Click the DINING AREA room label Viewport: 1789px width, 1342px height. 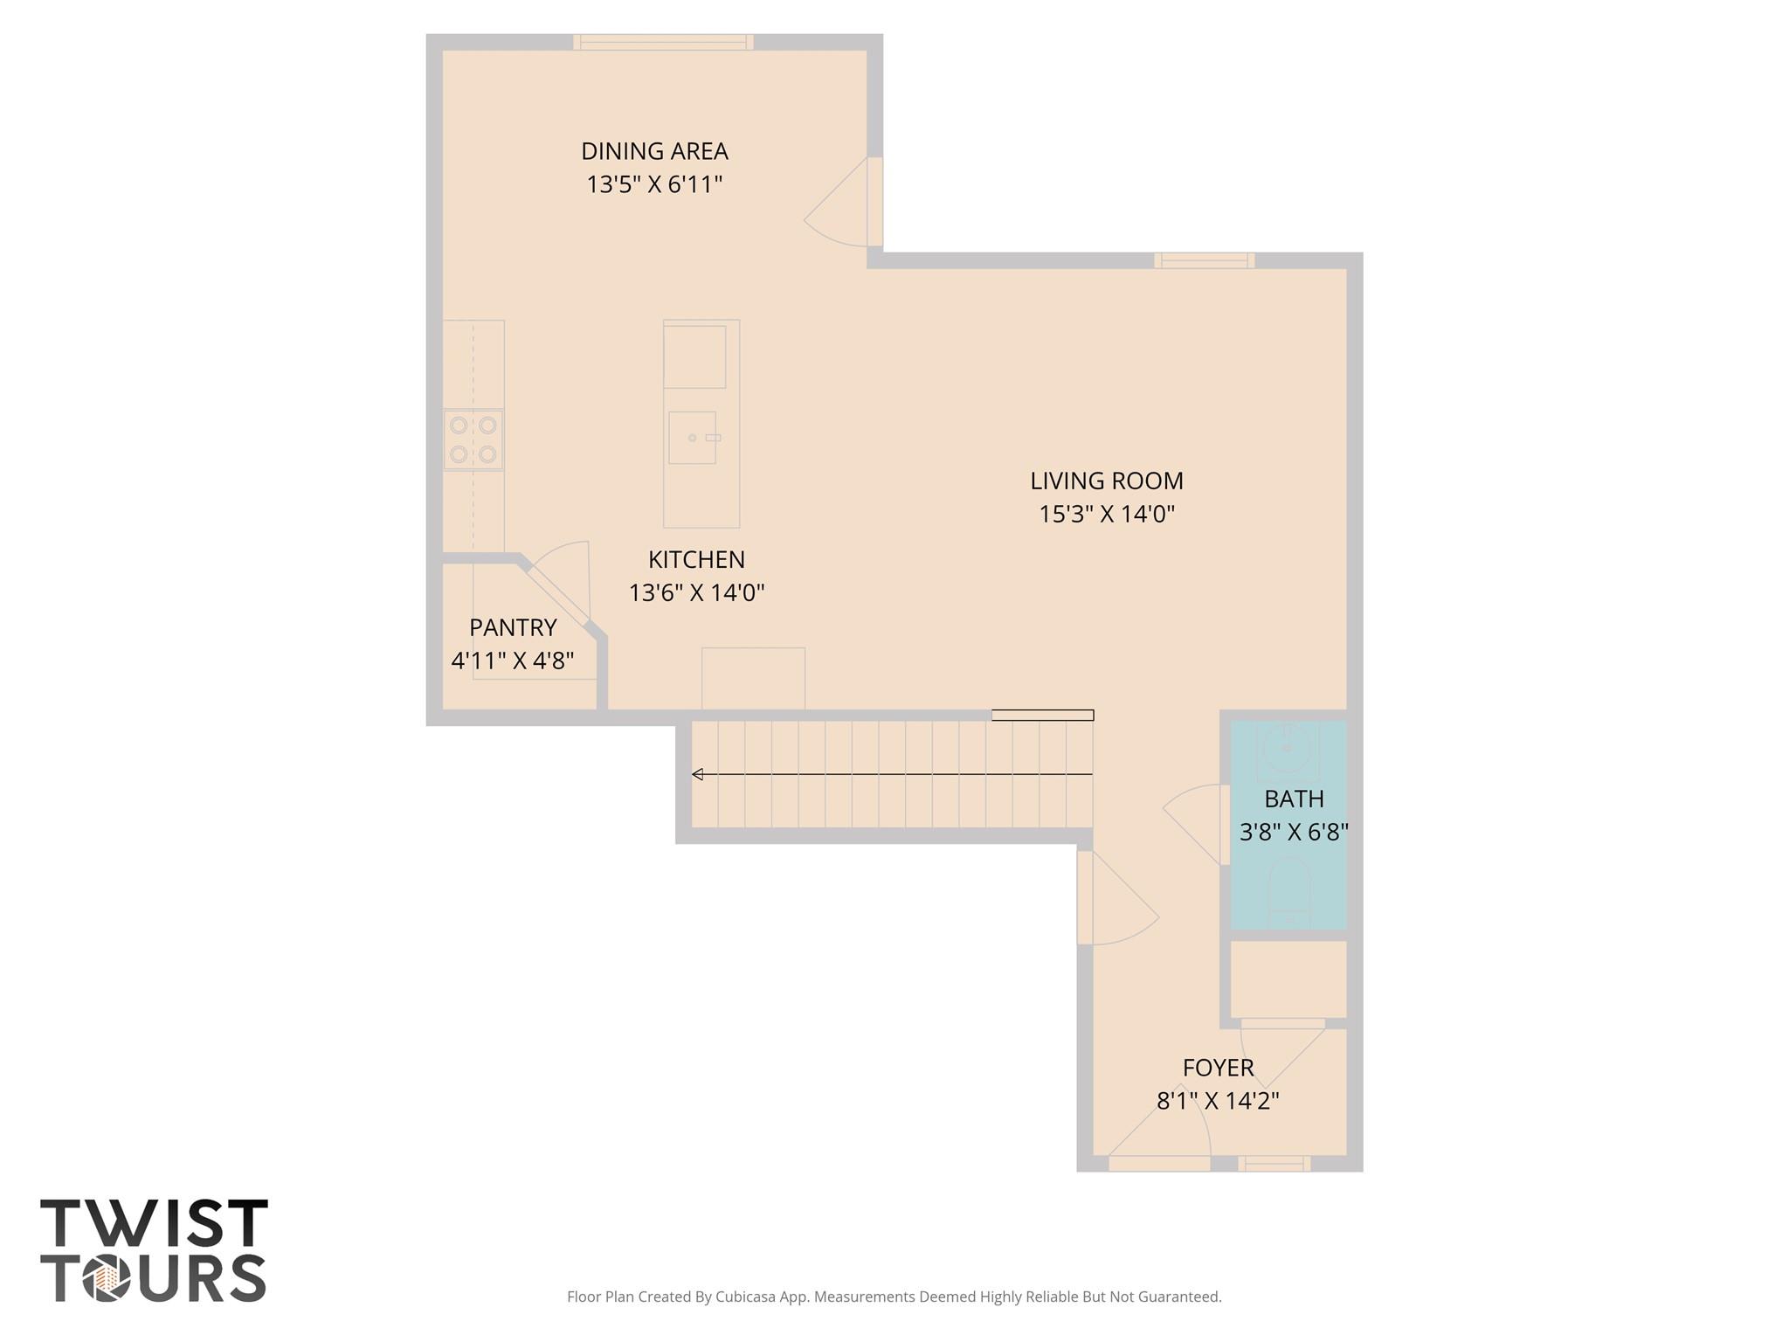(x=654, y=151)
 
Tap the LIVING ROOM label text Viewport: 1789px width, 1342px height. (x=1107, y=481)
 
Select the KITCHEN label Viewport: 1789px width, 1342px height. (x=696, y=559)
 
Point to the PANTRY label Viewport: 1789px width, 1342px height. (x=513, y=627)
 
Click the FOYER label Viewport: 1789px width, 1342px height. (x=1218, y=1068)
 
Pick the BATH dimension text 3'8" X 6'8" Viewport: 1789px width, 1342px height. (x=1294, y=832)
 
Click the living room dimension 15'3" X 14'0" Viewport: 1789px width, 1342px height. (x=1107, y=514)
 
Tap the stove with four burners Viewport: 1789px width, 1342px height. (x=473, y=439)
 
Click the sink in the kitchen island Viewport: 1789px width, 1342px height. (x=693, y=438)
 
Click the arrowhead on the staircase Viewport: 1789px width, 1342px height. (x=697, y=774)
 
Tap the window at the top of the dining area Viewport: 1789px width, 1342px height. (x=663, y=42)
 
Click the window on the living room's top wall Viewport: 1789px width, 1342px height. (x=1204, y=260)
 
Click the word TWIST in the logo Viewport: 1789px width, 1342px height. (x=154, y=1223)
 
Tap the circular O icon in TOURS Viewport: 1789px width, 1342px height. (x=107, y=1280)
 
